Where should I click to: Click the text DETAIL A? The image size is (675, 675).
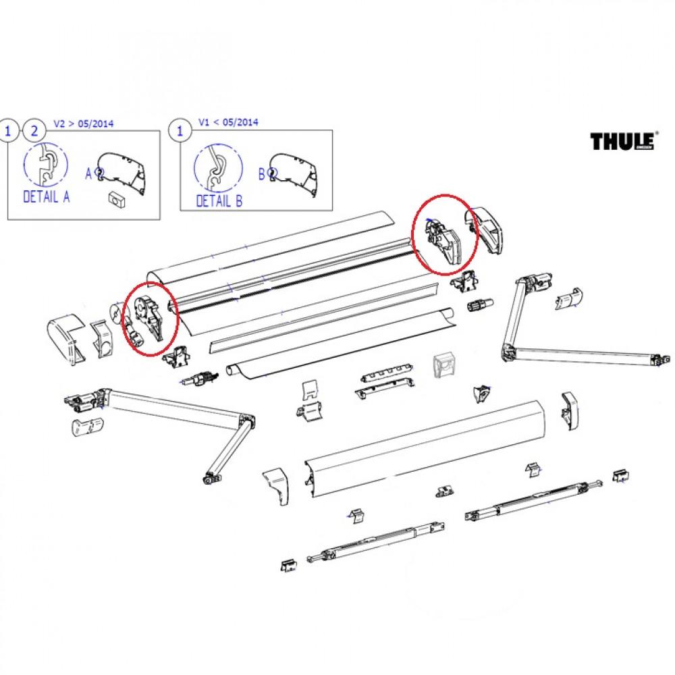click(x=47, y=197)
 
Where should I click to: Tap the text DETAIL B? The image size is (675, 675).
click(x=219, y=200)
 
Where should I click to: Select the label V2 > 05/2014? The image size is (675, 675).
click(x=84, y=124)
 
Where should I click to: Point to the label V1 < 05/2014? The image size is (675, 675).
click(x=228, y=123)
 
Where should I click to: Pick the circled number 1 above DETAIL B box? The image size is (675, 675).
click(x=180, y=131)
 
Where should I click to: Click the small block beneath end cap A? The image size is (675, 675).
click(x=117, y=200)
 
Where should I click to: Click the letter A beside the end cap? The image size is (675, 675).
click(x=88, y=173)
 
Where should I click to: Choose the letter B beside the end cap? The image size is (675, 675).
click(x=261, y=173)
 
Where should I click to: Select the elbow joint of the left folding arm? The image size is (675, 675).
click(x=245, y=425)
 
